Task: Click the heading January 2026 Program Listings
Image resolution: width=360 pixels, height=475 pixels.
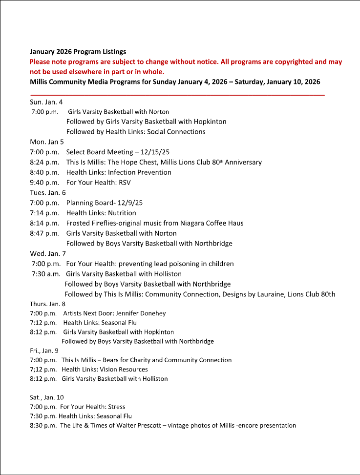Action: pyautogui.click(x=78, y=51)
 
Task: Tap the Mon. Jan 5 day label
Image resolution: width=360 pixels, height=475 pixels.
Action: pyautogui.click(x=46, y=142)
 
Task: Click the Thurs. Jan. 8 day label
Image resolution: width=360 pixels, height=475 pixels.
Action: pyautogui.click(x=47, y=304)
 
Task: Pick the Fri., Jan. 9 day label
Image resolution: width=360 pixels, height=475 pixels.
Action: pyautogui.click(x=44, y=350)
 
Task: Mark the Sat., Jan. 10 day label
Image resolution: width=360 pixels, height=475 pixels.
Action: pyautogui.click(x=46, y=397)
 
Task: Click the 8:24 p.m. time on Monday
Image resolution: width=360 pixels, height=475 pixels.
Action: pyautogui.click(x=44, y=162)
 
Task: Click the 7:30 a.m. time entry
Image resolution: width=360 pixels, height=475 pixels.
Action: pyautogui.click(x=46, y=274)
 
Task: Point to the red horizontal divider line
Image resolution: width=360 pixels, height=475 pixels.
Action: pyautogui.click(x=177, y=94)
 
